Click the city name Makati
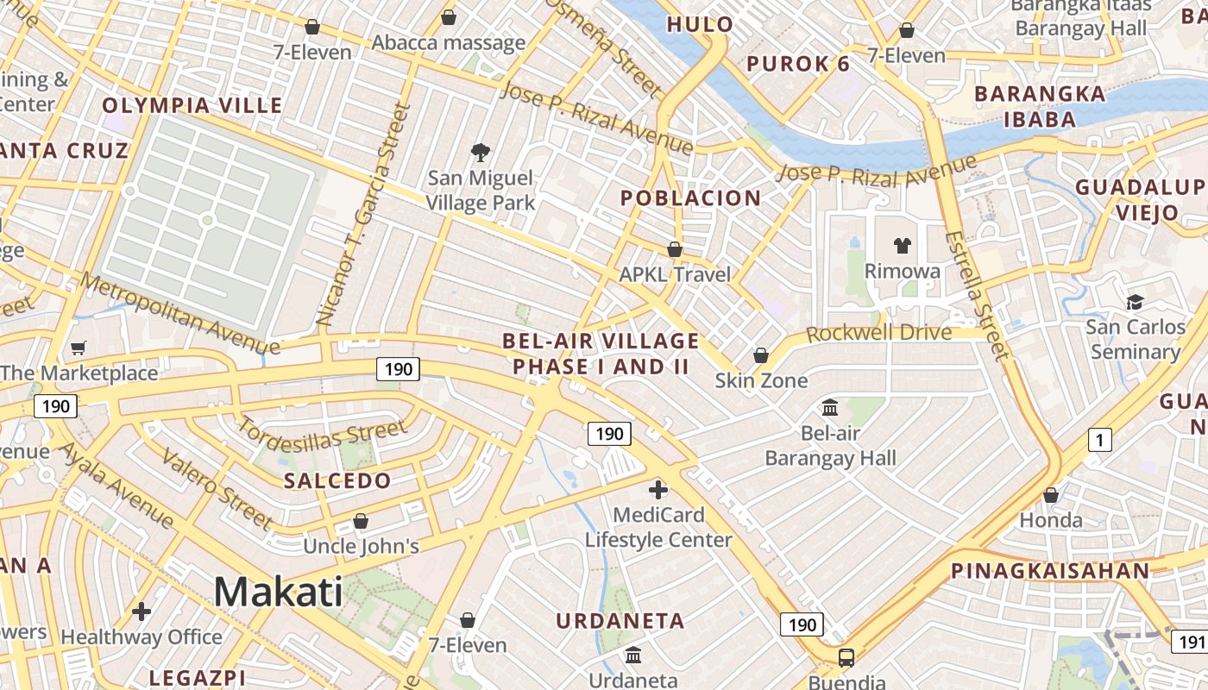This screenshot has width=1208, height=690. coord(278,592)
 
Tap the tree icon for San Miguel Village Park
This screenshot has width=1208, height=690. coord(481,153)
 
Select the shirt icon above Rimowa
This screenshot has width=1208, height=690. coord(902,246)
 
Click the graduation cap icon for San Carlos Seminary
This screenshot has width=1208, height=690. coord(1135,302)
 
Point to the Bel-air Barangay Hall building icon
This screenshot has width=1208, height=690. coord(830,407)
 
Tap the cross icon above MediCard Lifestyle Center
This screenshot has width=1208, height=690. coord(658,490)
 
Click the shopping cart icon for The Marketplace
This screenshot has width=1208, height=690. coord(79,348)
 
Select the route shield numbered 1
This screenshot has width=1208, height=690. coord(1098,440)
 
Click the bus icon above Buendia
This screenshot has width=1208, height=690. coord(846,657)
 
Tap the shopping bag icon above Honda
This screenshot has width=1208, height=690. coord(1050,495)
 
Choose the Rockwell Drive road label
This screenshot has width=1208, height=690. coord(879,333)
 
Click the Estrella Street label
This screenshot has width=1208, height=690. coord(976,294)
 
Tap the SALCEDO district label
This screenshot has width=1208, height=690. coord(337,480)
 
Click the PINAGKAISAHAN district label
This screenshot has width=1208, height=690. coord(1050,570)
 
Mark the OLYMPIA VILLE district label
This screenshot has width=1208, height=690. coord(192,105)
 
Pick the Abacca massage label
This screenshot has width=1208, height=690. coord(448,42)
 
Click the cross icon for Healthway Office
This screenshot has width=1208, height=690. coord(142,612)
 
